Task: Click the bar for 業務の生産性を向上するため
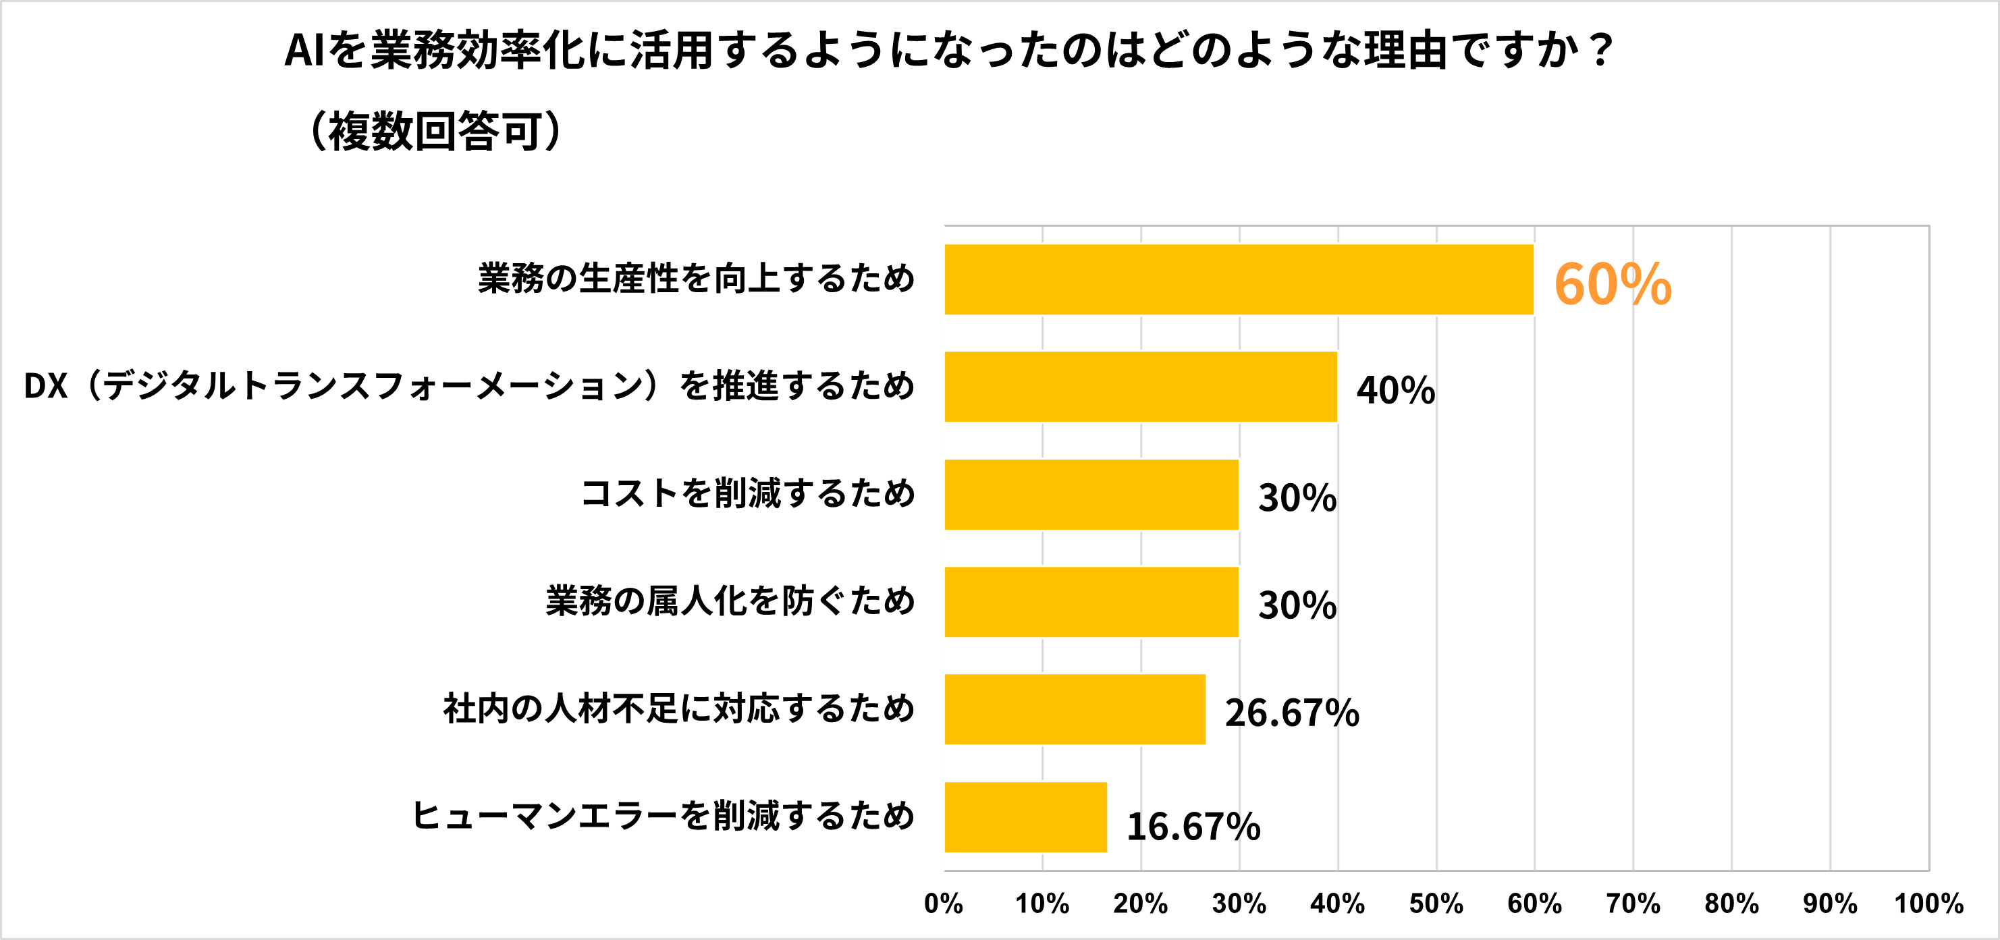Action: coord(1239,279)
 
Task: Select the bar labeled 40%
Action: coord(1140,387)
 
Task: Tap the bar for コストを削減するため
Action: coord(1091,495)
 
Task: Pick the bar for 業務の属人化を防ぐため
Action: coord(1091,601)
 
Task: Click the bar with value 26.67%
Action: coord(1075,709)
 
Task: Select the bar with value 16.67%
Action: coord(1025,817)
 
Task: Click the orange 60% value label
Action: coord(1612,284)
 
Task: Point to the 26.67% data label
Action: coord(1291,713)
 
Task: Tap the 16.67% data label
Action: coord(1193,826)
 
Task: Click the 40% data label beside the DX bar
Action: coord(1395,389)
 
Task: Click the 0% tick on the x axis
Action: coord(944,904)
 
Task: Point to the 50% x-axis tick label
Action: coord(1436,904)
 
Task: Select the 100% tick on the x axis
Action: coord(1928,904)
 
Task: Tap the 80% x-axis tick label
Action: coord(1731,904)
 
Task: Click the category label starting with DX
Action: coord(469,386)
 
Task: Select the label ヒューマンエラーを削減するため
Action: coord(663,816)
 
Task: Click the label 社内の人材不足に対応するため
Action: coord(678,708)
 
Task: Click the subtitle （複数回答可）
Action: coord(435,130)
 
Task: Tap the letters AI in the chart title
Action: coord(304,51)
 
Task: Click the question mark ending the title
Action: coord(1599,51)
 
